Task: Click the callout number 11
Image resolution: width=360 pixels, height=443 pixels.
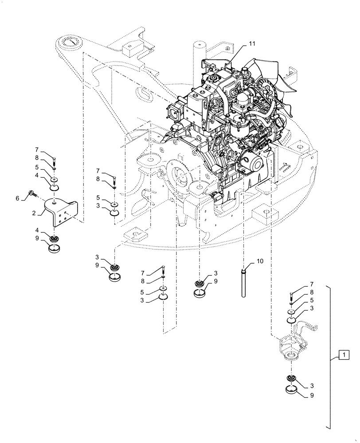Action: tap(252, 43)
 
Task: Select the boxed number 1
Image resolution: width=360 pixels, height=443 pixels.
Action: tap(342, 354)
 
